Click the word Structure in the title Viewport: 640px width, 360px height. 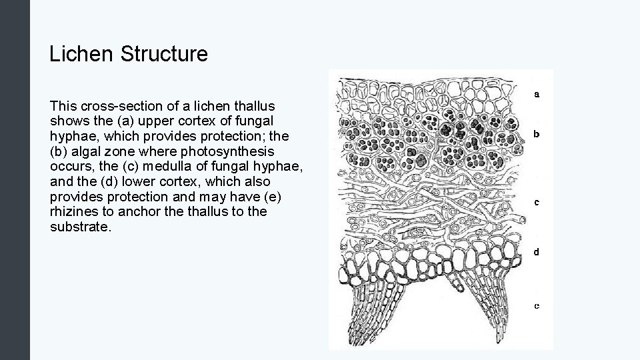pos(164,54)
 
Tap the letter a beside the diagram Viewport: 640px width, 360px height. pos(537,94)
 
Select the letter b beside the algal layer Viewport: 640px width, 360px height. pos(537,133)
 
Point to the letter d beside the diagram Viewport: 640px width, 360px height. pos(537,252)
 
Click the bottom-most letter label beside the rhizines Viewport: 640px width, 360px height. pos(537,306)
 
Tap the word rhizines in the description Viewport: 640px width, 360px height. pos(73,211)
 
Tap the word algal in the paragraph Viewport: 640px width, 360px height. pos(83,151)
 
